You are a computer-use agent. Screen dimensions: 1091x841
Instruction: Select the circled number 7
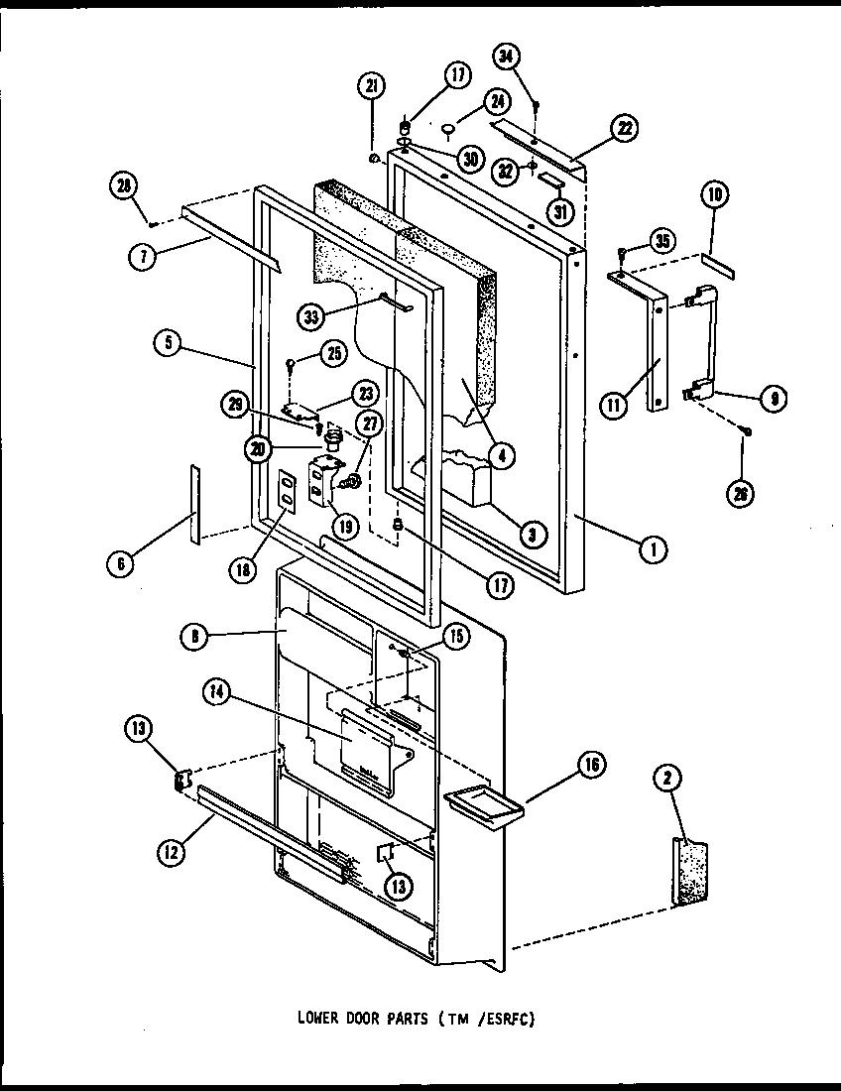click(144, 255)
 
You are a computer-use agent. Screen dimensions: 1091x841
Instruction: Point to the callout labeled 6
click(120, 562)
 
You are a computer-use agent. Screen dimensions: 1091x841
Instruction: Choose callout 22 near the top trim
click(624, 128)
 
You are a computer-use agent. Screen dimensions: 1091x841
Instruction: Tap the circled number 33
click(314, 316)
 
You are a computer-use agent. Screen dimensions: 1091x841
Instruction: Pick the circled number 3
click(533, 535)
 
